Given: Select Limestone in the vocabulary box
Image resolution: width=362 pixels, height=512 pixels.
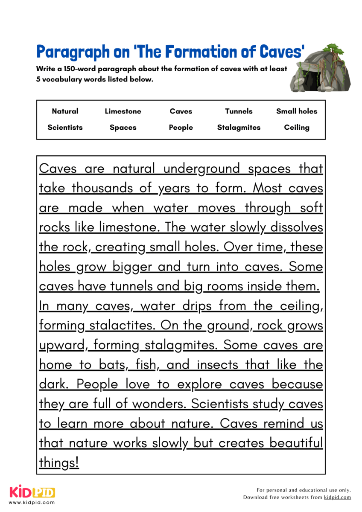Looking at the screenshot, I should pos(123,111).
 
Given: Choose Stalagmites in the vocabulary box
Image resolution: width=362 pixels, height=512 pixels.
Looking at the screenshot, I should pos(239,128).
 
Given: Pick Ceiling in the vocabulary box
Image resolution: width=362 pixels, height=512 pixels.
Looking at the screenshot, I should pos(297,128).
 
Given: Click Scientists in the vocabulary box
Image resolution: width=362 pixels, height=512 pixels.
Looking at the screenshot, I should pos(65,128).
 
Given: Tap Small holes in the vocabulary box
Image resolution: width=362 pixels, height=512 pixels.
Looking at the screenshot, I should pos(297,111).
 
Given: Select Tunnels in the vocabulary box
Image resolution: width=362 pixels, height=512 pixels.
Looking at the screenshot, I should pos(239,111).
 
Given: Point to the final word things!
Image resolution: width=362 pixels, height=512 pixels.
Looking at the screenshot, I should pos(59,463).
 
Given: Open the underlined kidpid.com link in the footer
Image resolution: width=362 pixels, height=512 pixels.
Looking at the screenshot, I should pos(337,497).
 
